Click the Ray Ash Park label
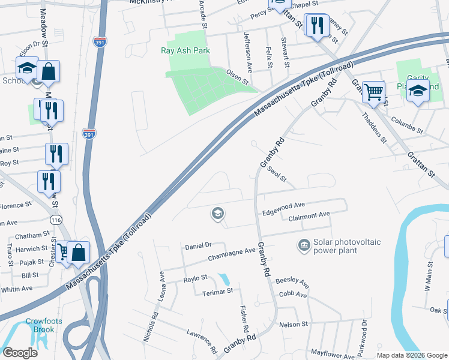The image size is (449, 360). tap(185, 51)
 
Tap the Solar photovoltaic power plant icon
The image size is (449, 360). tap(303, 245)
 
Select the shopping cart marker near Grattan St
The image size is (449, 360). tap(373, 92)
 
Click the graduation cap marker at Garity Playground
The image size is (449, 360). tap(418, 92)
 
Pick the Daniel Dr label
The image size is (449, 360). tap(199, 245)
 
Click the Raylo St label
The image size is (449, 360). tap(195, 278)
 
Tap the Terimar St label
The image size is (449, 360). tap(217, 291)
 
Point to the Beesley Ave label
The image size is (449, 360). tap(292, 281)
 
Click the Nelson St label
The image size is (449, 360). tap(294, 324)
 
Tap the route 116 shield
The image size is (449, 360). tap(56, 221)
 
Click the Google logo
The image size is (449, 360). tap(20, 353)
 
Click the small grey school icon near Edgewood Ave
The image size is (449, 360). tap(217, 213)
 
